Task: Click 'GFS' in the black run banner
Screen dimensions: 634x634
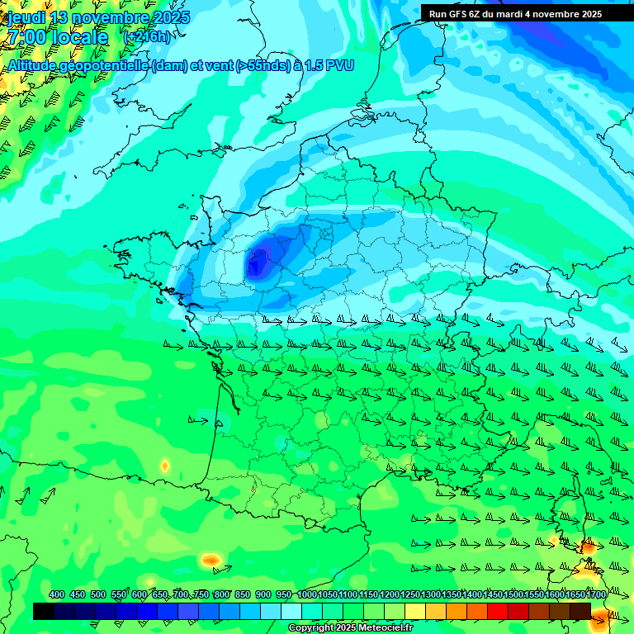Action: pyautogui.click(x=457, y=14)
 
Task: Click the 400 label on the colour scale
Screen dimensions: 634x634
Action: pyautogui.click(x=57, y=595)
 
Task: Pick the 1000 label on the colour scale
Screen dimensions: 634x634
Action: pyautogui.click(x=307, y=595)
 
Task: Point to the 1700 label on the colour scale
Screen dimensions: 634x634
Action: pyautogui.click(x=595, y=595)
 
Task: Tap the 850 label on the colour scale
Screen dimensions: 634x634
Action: pyautogui.click(x=243, y=595)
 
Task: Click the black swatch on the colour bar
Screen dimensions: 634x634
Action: pyautogui.click(x=44, y=611)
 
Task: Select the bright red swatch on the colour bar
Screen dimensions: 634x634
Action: pyautogui.click(x=498, y=611)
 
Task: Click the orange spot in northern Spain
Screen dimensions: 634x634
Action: pyautogui.click(x=211, y=561)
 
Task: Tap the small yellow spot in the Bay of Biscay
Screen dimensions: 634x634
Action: pyautogui.click(x=164, y=466)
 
